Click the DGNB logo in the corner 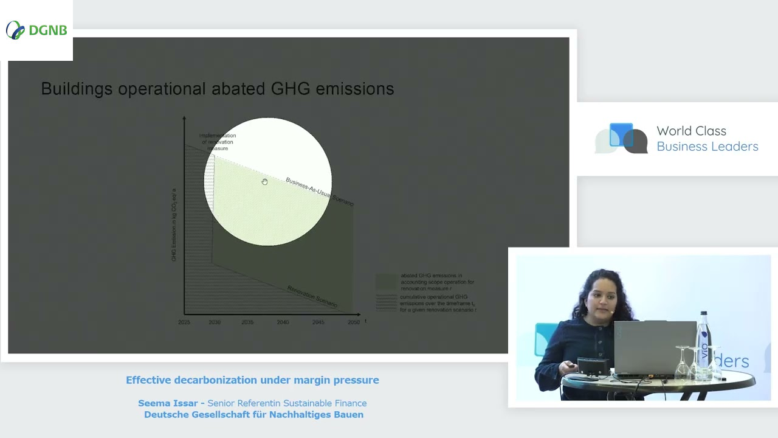click(36, 30)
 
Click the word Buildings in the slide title click(77, 89)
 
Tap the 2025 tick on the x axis click(184, 322)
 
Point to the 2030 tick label click(215, 322)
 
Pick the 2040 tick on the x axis click(283, 322)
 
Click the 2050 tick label click(353, 322)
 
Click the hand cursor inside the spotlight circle click(264, 182)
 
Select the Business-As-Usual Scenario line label click(319, 192)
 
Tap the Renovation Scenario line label click(312, 296)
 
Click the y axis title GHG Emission click(174, 225)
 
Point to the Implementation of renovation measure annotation click(218, 142)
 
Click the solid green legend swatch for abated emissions click(386, 282)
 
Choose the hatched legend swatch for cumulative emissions click(386, 302)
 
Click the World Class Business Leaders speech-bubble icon click(621, 139)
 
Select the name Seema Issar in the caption click(168, 403)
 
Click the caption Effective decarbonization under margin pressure click(252, 380)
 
